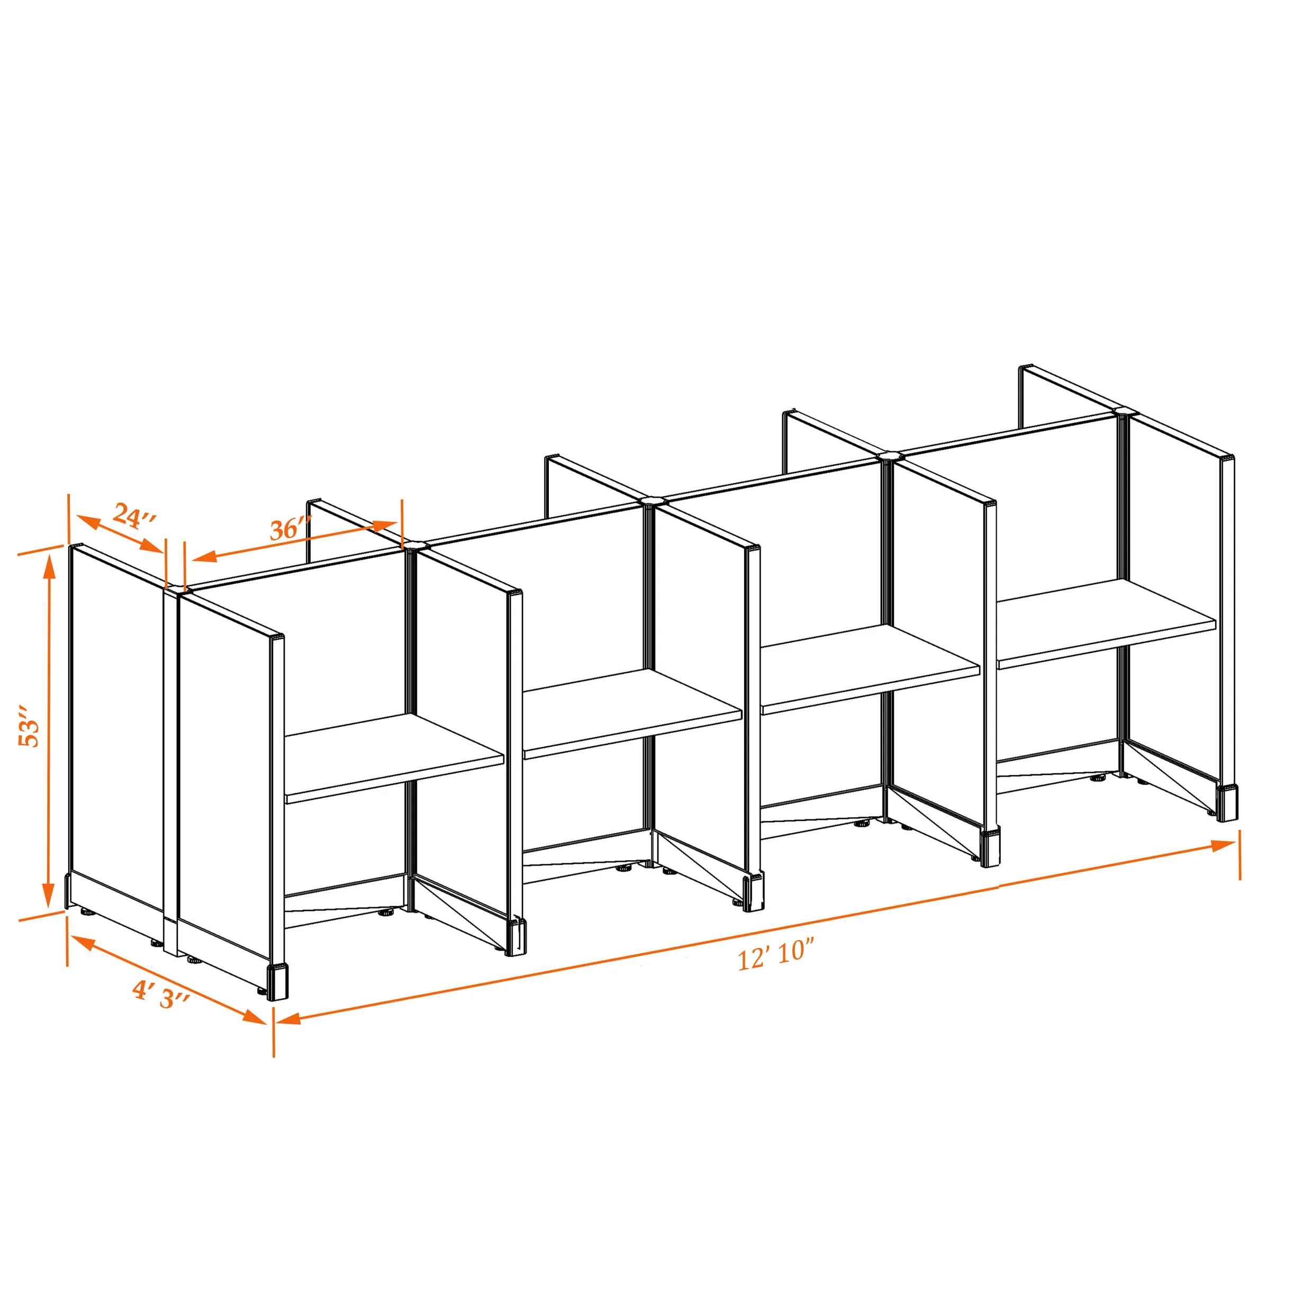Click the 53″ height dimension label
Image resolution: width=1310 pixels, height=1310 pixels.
(x=29, y=726)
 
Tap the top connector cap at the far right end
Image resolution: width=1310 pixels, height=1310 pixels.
(x=1124, y=411)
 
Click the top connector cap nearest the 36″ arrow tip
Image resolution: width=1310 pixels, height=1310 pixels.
(x=415, y=545)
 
